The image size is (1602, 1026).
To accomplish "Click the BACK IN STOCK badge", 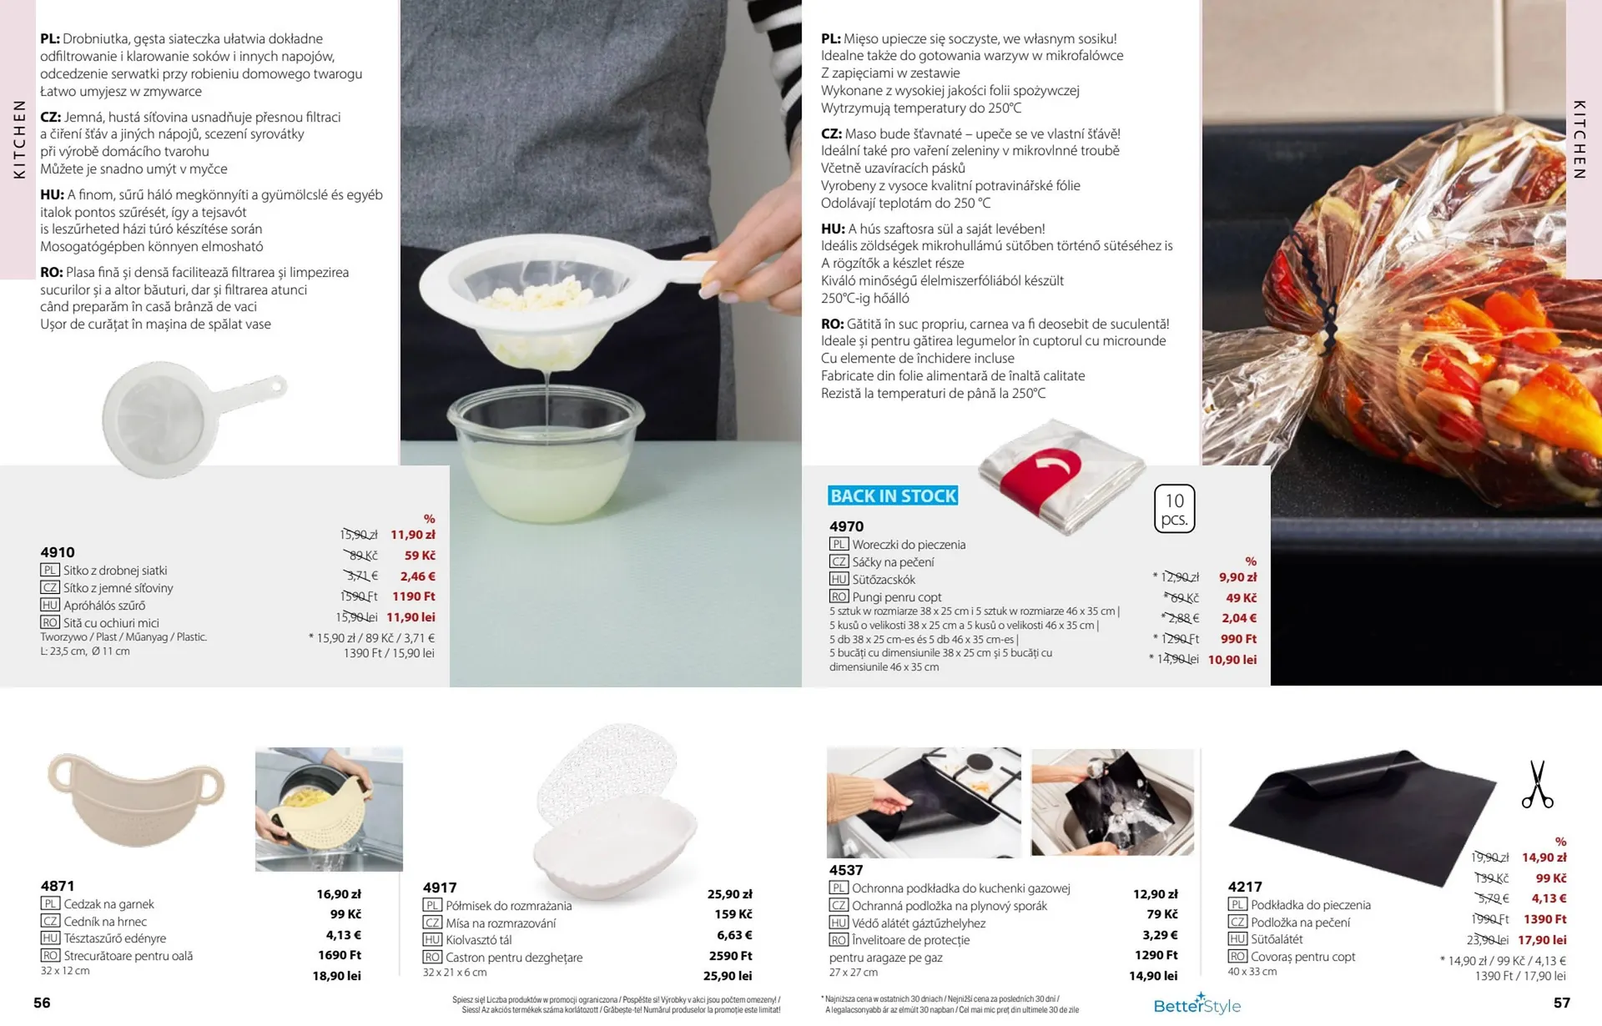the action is pyautogui.click(x=893, y=495).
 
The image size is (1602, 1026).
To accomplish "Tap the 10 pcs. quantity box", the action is pyautogui.click(x=1175, y=509).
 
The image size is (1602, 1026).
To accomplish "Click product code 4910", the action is pyautogui.click(x=58, y=552).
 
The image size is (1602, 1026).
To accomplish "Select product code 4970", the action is pyautogui.click(x=847, y=526).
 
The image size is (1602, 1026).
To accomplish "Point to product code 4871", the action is pyautogui.click(x=58, y=886).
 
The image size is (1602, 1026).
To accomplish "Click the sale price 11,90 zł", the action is pyautogui.click(x=413, y=535).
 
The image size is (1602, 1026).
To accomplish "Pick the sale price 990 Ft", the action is pyautogui.click(x=1239, y=639).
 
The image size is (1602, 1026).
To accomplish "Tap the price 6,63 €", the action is pyautogui.click(x=734, y=935).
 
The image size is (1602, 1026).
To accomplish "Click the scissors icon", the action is pyautogui.click(x=1537, y=784).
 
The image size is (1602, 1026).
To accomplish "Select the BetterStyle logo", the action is pyautogui.click(x=1197, y=1004).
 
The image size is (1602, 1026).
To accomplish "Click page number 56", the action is pyautogui.click(x=42, y=1003).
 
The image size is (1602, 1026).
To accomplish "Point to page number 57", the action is pyautogui.click(x=1562, y=1003).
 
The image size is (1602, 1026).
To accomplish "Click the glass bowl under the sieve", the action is pyautogui.click(x=546, y=450).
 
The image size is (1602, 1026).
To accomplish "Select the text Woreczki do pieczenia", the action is pyautogui.click(x=909, y=545).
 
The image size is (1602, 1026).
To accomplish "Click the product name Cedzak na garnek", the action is pyautogui.click(x=108, y=904).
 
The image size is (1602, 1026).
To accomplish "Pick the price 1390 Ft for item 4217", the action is pyautogui.click(x=1545, y=919).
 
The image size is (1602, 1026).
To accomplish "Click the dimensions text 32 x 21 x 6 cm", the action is pyautogui.click(x=455, y=973).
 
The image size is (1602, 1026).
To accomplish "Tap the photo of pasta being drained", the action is pyautogui.click(x=329, y=809).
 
